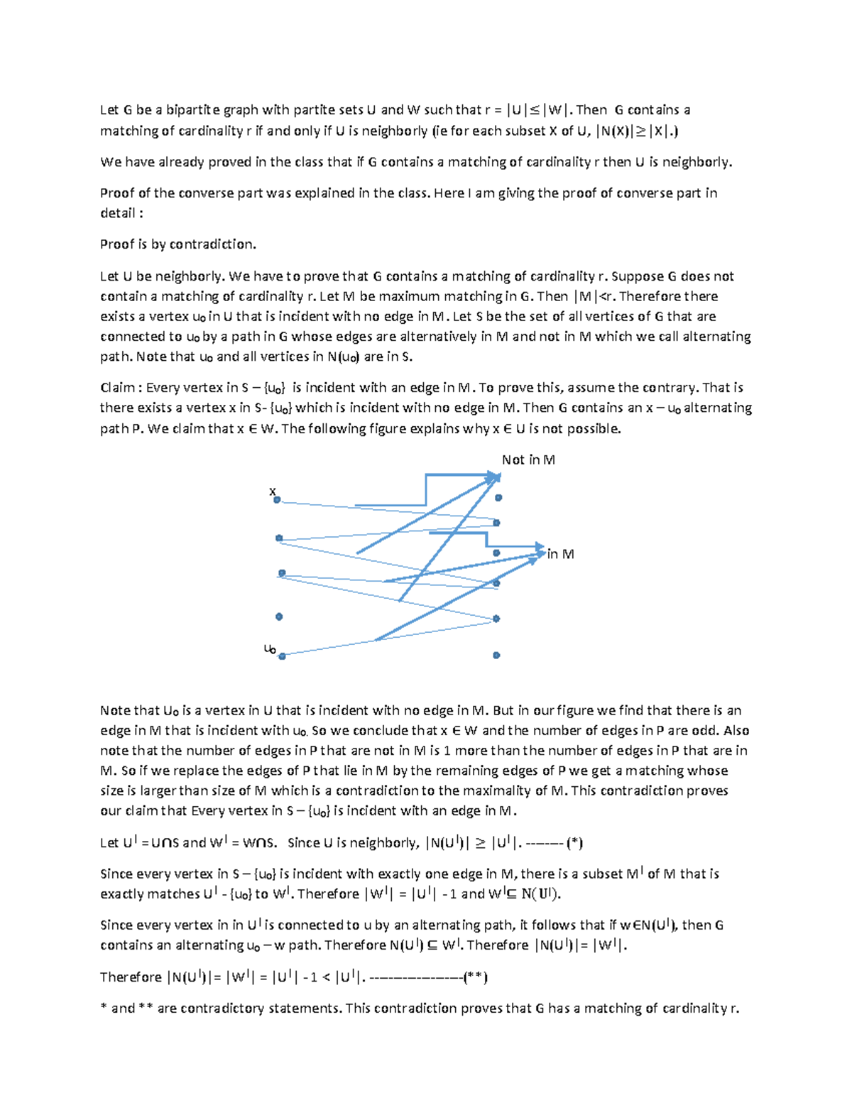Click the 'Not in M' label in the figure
(x=528, y=460)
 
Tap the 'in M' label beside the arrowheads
(x=560, y=554)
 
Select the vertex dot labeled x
(x=277, y=500)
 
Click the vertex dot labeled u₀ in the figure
(x=282, y=656)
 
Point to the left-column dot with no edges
(x=279, y=616)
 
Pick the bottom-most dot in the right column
(x=496, y=655)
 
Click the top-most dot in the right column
(x=498, y=498)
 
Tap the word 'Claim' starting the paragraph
(x=117, y=388)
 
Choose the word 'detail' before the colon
(x=117, y=213)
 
